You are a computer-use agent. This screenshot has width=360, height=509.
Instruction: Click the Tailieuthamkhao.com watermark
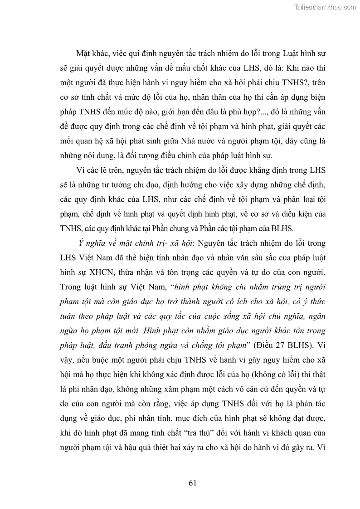(x=325, y=7)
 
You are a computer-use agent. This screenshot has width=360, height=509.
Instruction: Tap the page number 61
(x=192, y=483)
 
